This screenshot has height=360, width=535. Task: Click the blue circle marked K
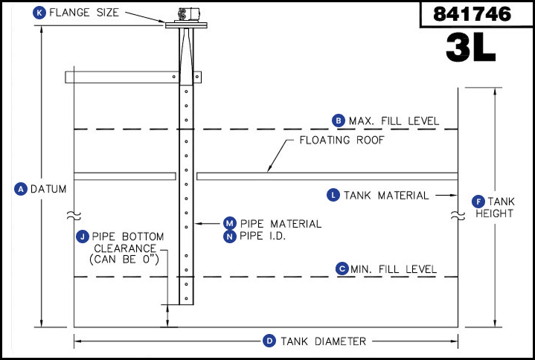pos(39,13)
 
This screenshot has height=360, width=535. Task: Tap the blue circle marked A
pos(21,189)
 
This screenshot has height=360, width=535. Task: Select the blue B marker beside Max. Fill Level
pos(339,120)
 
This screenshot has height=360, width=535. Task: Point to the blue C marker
pos(342,269)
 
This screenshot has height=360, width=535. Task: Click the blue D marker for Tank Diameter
pos(269,341)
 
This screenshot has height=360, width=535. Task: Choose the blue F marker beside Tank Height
pos(478,202)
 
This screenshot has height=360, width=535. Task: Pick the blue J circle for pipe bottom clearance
pos(83,237)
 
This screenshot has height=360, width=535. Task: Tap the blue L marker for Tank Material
pos(333,195)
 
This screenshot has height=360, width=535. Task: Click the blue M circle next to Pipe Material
pos(230,223)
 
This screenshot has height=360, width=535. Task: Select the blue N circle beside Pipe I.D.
pos(230,237)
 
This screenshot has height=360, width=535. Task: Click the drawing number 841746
pos(472,14)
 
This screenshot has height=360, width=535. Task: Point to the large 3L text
pos(470,47)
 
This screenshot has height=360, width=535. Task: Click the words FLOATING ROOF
pos(342,140)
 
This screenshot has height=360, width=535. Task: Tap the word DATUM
pos(48,189)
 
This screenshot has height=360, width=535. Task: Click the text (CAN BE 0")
pos(124,260)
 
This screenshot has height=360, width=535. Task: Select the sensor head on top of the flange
pos(189,14)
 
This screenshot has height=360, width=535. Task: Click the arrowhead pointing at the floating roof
pos(269,168)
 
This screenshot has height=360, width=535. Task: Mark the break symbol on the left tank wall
pos(74,215)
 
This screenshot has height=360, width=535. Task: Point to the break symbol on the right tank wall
pos(458,216)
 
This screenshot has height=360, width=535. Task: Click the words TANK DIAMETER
pos(323,341)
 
